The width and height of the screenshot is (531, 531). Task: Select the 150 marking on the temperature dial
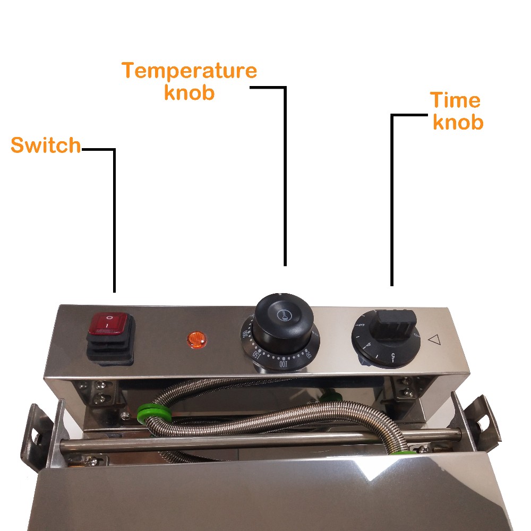(x=258, y=354)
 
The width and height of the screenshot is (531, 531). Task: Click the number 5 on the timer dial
(x=392, y=357)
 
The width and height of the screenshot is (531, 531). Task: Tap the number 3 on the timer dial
(x=362, y=325)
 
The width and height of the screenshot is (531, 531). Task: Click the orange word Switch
(x=46, y=145)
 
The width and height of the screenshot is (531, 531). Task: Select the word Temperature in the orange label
(x=189, y=71)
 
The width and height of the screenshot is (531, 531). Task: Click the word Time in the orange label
(x=455, y=100)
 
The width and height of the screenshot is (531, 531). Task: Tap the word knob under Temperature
(x=189, y=92)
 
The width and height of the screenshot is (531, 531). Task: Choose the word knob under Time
(x=458, y=122)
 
